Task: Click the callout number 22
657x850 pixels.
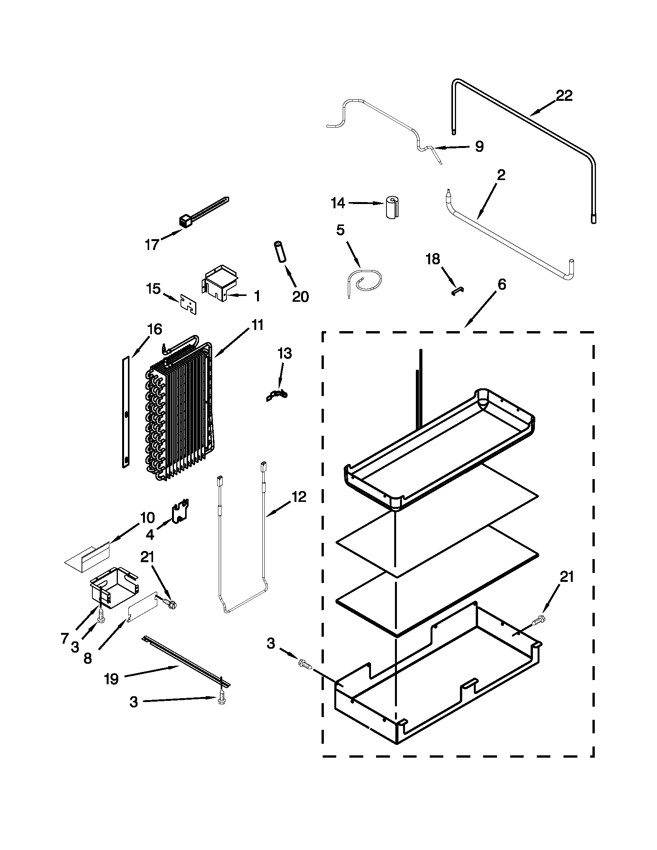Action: coord(564,96)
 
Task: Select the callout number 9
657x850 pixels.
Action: coord(479,146)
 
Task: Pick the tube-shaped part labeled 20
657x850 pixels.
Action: coord(280,253)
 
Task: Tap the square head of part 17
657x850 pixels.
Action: coord(184,221)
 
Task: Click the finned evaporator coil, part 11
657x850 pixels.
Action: coord(179,413)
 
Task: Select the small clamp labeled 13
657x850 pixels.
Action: coord(277,395)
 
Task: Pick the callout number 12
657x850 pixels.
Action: coord(298,497)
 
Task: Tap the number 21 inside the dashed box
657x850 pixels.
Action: coord(566,577)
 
